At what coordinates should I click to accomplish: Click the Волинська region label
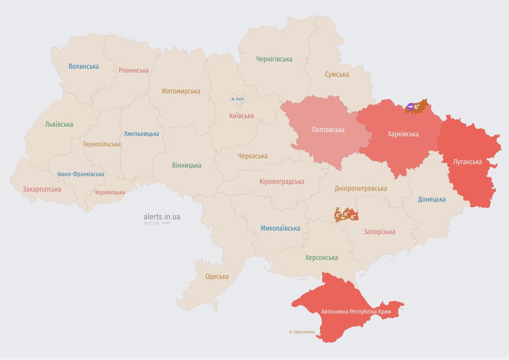click(83, 66)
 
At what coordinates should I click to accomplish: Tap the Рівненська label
click(134, 70)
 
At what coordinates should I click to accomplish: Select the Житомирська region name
click(180, 91)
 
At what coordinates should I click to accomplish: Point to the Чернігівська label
click(274, 59)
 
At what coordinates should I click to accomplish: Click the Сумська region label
click(337, 74)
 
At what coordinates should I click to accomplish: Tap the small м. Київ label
click(237, 99)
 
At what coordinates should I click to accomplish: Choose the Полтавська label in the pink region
click(328, 130)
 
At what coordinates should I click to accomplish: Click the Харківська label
click(403, 134)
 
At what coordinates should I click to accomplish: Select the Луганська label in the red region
click(467, 162)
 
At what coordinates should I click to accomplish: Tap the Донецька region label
click(432, 199)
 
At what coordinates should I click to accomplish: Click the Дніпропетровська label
click(360, 188)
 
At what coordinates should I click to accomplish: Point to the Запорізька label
click(379, 232)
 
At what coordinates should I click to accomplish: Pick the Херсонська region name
click(321, 257)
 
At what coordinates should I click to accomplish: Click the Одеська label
click(217, 277)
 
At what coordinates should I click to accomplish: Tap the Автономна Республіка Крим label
click(356, 312)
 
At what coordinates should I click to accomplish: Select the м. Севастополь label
click(302, 332)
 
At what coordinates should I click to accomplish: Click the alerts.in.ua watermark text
click(162, 217)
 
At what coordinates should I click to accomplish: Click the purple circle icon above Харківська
click(411, 106)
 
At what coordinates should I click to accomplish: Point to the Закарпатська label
click(42, 189)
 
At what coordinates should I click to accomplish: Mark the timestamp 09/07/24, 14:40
click(157, 223)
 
